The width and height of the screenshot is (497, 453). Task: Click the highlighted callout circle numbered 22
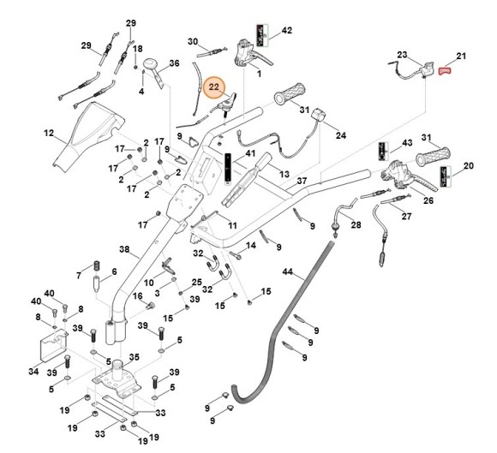pyautogui.click(x=215, y=88)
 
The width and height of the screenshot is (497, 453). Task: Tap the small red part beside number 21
pyautogui.click(x=445, y=72)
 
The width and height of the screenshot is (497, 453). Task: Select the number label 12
pyautogui.click(x=49, y=133)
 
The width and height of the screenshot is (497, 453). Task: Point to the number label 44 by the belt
pyautogui.click(x=288, y=272)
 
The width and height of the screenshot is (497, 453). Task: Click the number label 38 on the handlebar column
pyautogui.click(x=123, y=250)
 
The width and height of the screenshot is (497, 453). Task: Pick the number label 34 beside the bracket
pyautogui.click(x=33, y=373)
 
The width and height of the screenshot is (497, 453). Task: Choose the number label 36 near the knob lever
pyautogui.click(x=174, y=63)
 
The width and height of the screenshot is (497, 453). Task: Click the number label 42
pyautogui.click(x=287, y=31)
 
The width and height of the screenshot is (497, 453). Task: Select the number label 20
pyautogui.click(x=468, y=165)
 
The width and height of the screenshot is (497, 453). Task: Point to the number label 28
pyautogui.click(x=356, y=224)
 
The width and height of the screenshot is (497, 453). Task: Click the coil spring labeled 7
pyautogui.click(x=96, y=263)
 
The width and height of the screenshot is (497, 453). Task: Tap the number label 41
pyautogui.click(x=251, y=154)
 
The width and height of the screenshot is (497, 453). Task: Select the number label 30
pyautogui.click(x=193, y=41)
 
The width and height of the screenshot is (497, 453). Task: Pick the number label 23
pyautogui.click(x=402, y=55)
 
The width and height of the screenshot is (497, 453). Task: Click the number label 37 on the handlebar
pyautogui.click(x=302, y=182)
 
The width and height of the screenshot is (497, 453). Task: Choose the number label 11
pyautogui.click(x=231, y=225)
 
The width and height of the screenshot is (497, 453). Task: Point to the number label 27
pyautogui.click(x=406, y=217)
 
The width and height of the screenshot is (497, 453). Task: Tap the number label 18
pyautogui.click(x=138, y=49)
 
